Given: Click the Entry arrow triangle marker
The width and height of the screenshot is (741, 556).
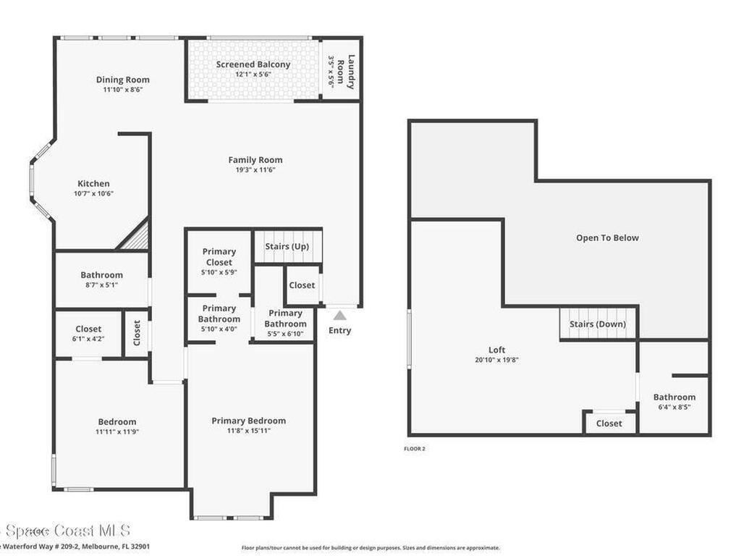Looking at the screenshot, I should [340, 314].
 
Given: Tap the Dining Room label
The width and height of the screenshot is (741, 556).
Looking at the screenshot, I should [123, 80].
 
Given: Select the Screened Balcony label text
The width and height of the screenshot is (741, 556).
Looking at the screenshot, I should [253, 64].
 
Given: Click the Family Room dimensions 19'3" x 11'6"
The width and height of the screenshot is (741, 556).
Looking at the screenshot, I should [255, 170].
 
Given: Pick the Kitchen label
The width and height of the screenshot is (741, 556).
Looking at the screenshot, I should [94, 184].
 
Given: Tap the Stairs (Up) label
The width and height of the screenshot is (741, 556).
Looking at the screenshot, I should [287, 246].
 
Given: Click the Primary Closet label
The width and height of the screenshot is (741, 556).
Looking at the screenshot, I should [219, 257].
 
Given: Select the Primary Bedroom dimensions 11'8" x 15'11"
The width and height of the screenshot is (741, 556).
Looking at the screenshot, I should [248, 431].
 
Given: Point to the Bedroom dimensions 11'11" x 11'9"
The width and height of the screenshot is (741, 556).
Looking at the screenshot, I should [117, 432].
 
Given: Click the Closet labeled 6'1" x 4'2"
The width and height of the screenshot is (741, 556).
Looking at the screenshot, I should [89, 333].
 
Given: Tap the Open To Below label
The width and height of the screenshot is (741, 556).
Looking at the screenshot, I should [607, 237].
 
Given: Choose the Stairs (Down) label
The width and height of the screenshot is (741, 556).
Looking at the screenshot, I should [598, 324].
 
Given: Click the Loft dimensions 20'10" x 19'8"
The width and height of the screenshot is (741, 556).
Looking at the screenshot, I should [496, 360].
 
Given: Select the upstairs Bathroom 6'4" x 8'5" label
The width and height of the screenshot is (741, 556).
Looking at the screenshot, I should [674, 401].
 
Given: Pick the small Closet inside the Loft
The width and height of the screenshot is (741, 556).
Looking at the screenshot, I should [609, 423].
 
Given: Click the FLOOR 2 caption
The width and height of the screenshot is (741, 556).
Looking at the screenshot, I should [415, 449].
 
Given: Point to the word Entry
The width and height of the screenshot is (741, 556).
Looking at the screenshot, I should [339, 330].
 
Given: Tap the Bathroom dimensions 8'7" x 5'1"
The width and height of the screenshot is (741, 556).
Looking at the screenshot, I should [101, 285].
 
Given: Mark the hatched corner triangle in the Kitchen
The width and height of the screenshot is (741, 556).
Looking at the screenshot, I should [137, 238].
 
